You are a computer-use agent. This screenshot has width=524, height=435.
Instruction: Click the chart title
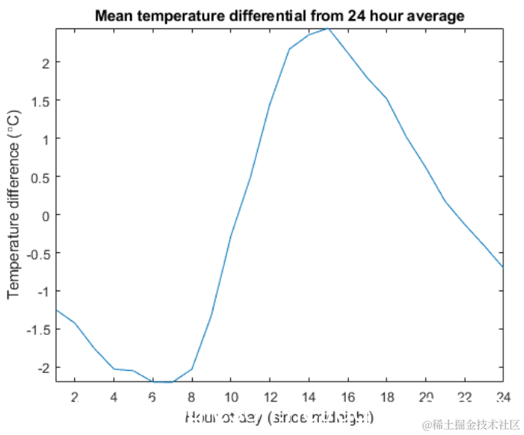[279, 15]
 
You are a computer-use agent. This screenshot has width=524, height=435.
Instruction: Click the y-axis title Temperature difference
[14, 205]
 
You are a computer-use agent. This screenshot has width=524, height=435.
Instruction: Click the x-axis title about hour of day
[278, 417]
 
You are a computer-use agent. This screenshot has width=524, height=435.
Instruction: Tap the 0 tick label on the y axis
[46, 215]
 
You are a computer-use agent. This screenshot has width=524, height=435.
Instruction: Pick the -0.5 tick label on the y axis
[39, 253]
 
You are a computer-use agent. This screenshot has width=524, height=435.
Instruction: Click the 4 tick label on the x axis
[114, 397]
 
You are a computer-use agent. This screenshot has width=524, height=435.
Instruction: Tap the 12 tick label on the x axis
[269, 397]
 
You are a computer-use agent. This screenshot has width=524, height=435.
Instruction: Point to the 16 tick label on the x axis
[347, 397]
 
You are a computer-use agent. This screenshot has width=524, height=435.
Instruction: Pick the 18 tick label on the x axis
[386, 397]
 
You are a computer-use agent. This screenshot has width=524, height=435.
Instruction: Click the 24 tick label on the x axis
[502, 397]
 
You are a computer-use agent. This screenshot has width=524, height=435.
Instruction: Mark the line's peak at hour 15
[328, 28]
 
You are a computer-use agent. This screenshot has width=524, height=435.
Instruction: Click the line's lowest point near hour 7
[173, 381]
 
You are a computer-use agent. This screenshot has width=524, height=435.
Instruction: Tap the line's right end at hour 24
[503, 267]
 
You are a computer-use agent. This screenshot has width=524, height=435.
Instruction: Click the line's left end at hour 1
[57, 310]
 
